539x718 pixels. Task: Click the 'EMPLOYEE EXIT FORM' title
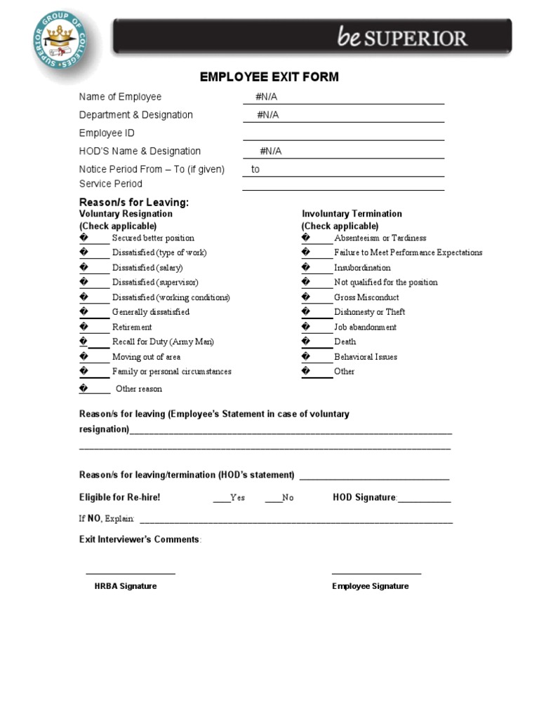269,77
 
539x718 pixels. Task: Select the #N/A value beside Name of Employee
267,97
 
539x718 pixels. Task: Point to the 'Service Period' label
111,184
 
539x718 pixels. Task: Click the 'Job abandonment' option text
365,327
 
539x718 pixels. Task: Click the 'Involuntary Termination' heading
352,214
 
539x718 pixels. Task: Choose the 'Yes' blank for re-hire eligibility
221,498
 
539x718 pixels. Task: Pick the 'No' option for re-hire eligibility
273,498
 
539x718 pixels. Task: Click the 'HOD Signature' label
365,498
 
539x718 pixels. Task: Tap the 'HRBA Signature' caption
126,586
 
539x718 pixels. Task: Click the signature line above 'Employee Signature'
376,574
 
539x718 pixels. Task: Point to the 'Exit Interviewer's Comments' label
140,540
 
